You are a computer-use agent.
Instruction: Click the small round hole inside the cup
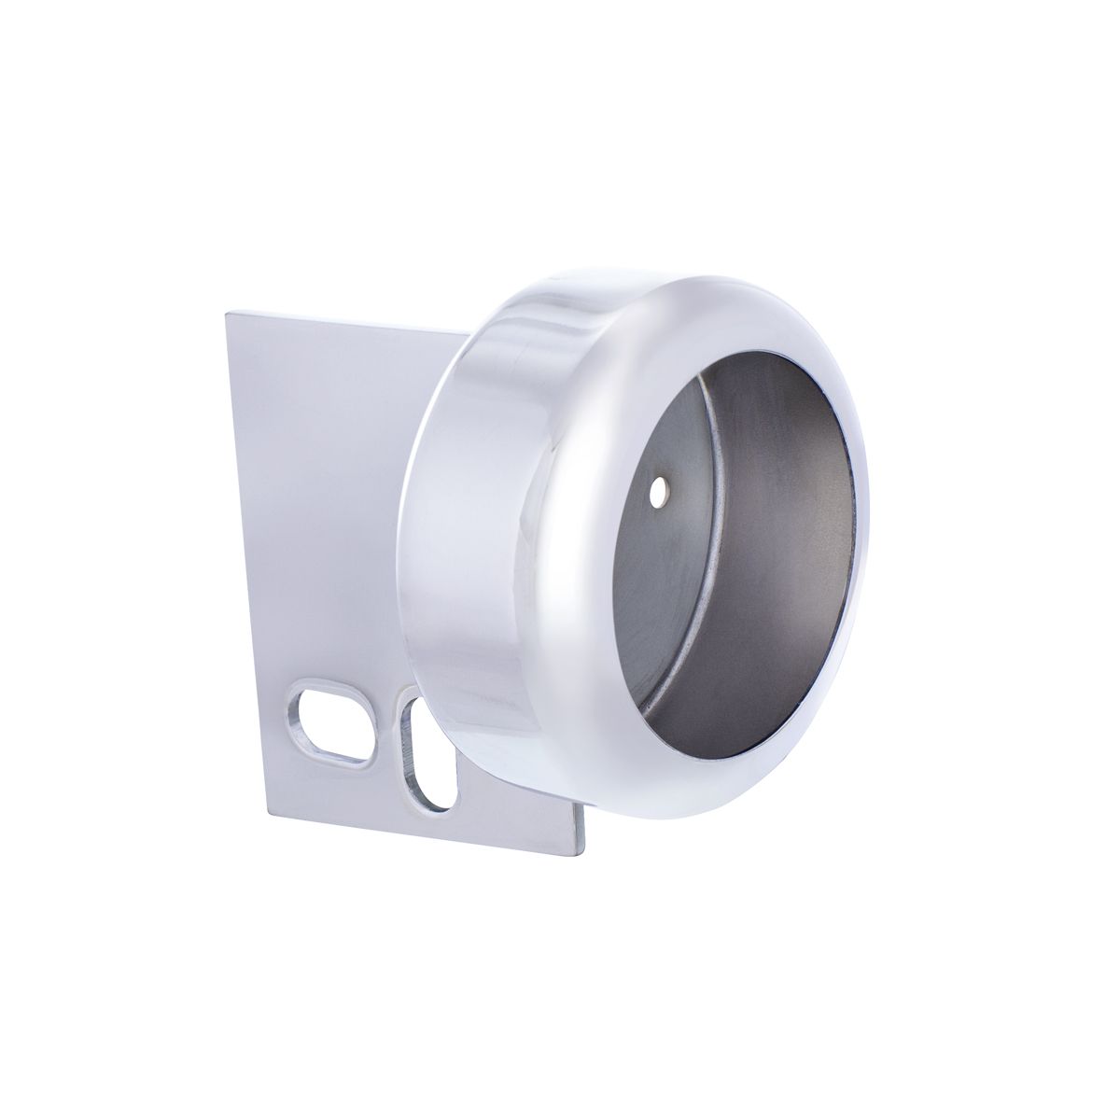point(662,489)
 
